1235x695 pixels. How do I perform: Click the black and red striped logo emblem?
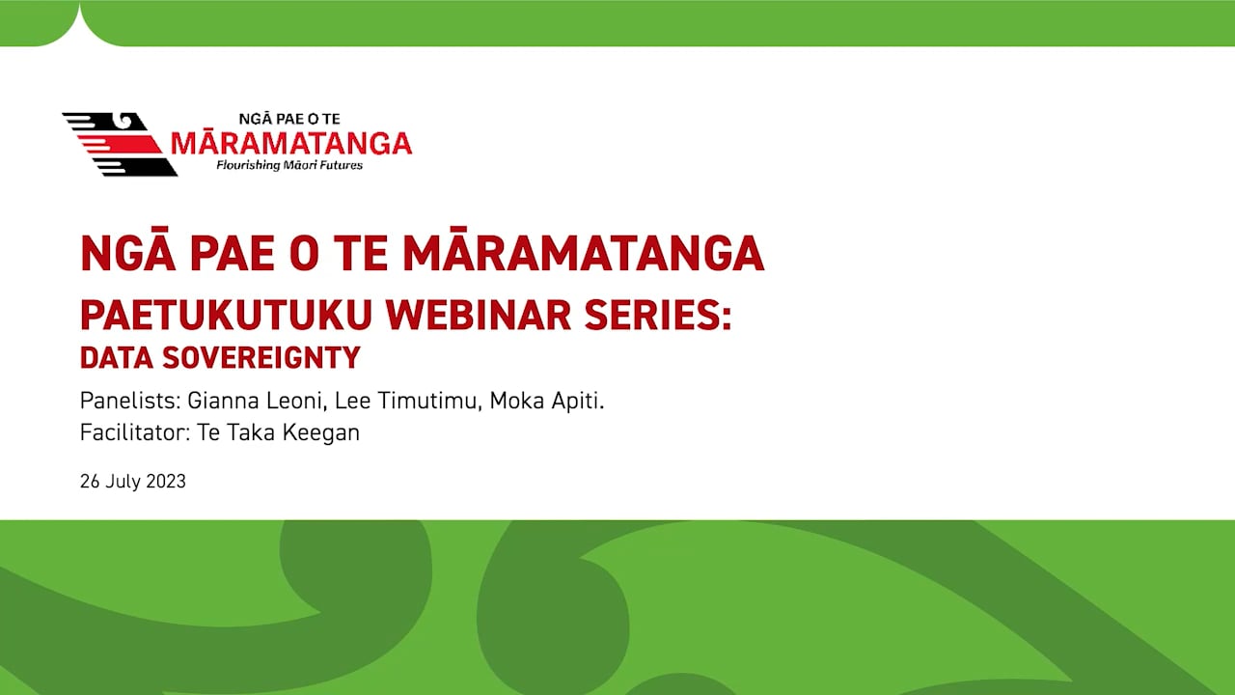(119, 144)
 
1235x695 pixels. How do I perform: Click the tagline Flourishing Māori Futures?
(289, 166)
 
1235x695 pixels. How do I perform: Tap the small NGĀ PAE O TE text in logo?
(289, 119)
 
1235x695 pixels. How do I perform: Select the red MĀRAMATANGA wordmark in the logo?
(290, 144)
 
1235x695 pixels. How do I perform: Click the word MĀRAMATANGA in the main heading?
(583, 254)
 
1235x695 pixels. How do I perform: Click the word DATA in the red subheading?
(116, 358)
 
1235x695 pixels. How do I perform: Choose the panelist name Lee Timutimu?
(406, 401)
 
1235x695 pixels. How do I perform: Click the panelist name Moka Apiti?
(546, 401)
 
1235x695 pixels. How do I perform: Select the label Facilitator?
(135, 432)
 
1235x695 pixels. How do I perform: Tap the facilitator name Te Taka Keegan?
(278, 432)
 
